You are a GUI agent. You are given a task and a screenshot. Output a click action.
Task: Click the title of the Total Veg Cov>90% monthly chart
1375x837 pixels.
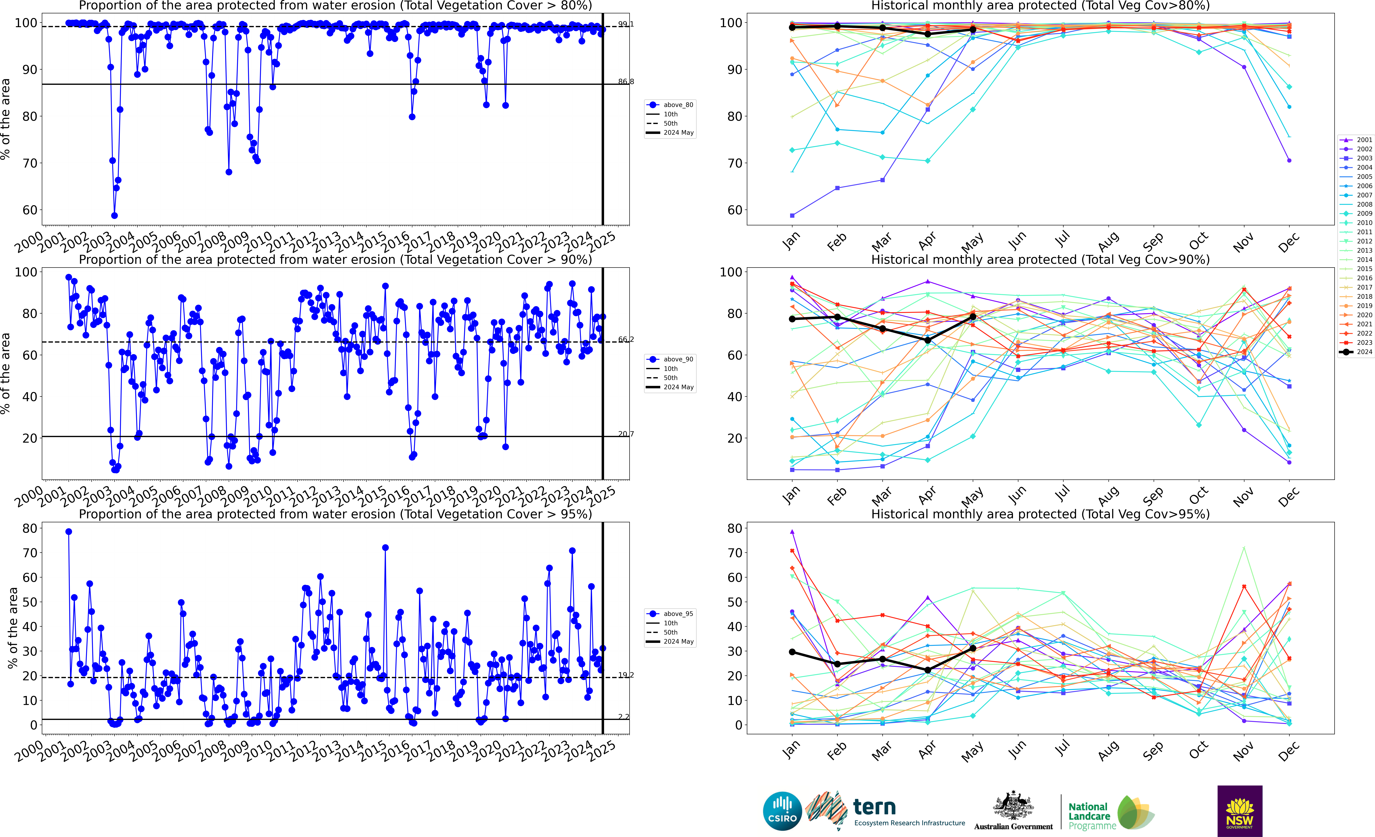pyautogui.click(x=1040, y=260)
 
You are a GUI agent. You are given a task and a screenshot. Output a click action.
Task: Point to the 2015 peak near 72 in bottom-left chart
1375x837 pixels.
pyautogui.click(x=385, y=548)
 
